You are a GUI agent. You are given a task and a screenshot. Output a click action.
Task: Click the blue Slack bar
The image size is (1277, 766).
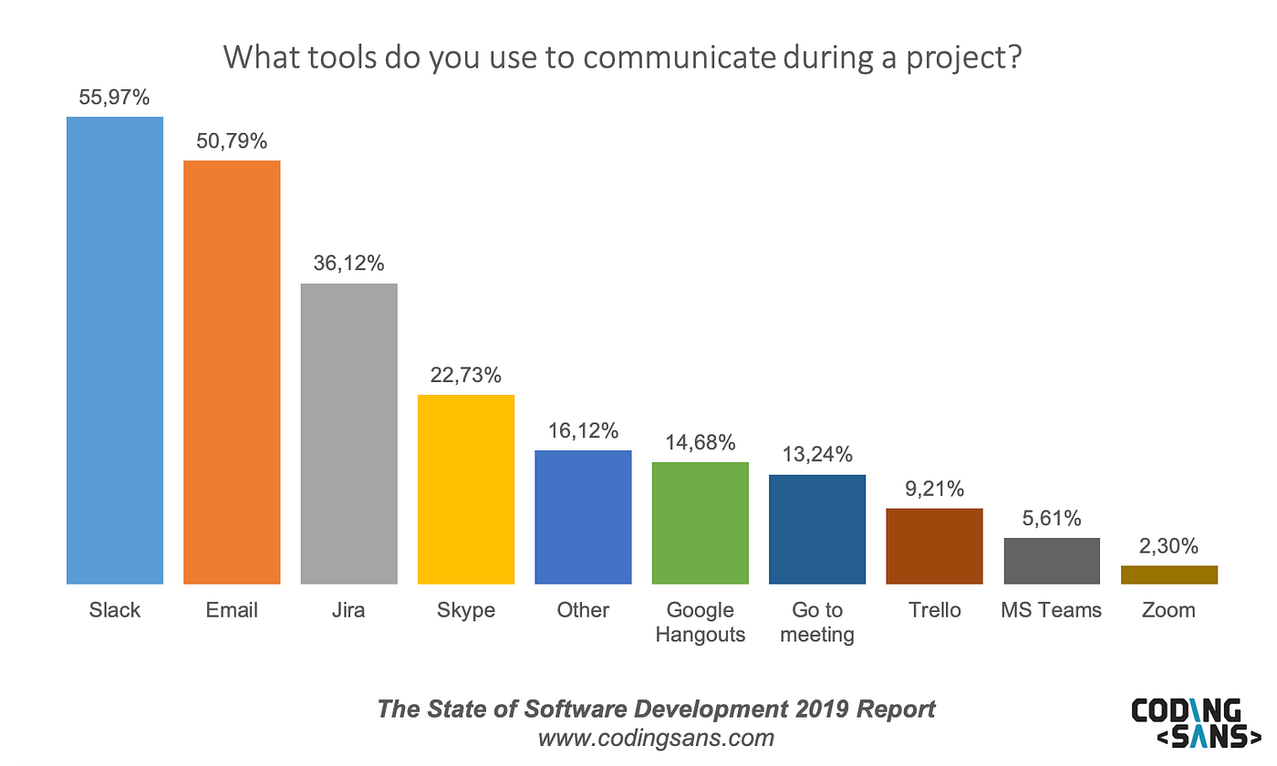tap(115, 350)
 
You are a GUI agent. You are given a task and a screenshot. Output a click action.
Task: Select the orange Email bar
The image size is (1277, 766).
tap(232, 372)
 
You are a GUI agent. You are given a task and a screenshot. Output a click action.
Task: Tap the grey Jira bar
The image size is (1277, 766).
tap(348, 433)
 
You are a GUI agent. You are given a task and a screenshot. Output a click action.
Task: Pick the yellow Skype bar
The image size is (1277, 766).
tap(466, 489)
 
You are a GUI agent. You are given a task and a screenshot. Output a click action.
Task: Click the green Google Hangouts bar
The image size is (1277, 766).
tap(701, 523)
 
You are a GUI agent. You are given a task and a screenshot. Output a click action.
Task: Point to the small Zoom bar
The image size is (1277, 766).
tap(1168, 574)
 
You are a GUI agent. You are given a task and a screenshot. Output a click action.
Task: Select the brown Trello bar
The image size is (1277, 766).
tap(934, 545)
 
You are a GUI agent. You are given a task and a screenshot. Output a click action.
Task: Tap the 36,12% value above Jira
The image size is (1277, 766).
tap(348, 264)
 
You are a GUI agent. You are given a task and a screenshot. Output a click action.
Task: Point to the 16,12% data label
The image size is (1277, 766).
tap(583, 430)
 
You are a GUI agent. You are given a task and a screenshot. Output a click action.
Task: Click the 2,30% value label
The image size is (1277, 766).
tap(1168, 546)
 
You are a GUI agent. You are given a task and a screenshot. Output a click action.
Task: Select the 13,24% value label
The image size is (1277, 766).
tap(816, 455)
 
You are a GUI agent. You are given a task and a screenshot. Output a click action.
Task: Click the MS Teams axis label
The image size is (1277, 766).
tap(1051, 610)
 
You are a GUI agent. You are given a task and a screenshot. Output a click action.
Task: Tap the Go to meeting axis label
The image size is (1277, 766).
tap(817, 622)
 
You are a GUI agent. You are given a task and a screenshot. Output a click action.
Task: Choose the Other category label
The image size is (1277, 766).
tap(583, 610)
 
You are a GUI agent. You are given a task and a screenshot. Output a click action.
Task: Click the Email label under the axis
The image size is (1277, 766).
tap(232, 610)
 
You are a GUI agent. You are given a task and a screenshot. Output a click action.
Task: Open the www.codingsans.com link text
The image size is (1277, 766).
tap(656, 737)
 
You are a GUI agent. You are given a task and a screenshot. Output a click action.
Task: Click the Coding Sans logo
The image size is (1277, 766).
tap(1186, 724)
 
